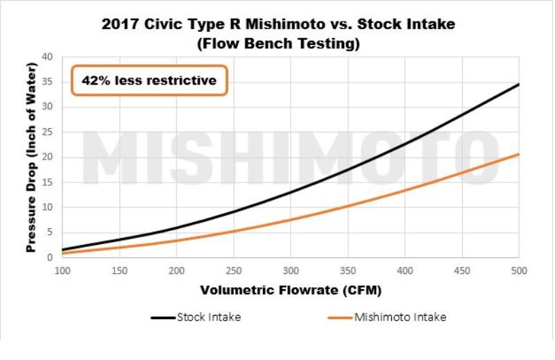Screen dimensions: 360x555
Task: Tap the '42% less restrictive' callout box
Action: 148,80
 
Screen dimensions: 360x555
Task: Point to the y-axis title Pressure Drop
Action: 31,159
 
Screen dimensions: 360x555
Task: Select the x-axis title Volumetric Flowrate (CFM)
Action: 290,289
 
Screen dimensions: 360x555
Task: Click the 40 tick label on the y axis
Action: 49,56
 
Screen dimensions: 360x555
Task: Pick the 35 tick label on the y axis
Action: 49,81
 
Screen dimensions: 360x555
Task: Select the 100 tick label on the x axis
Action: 62,269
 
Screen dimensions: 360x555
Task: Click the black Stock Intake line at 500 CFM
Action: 518,85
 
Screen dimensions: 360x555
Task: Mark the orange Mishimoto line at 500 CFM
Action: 518,154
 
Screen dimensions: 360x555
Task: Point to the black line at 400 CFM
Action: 405,144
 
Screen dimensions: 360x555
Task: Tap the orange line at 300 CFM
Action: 291,220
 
